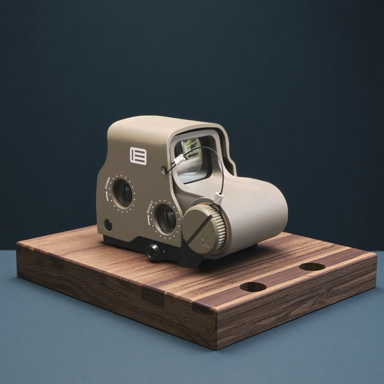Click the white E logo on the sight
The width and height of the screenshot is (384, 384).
click(x=138, y=156)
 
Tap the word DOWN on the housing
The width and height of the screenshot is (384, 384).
click(x=108, y=183)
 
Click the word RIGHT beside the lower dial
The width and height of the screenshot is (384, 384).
click(x=150, y=207)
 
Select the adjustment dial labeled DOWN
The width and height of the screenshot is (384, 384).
click(x=123, y=193)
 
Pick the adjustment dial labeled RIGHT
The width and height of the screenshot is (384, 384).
click(x=166, y=219)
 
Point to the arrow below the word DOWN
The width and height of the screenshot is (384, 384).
click(x=107, y=196)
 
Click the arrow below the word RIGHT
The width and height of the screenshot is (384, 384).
click(x=148, y=220)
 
